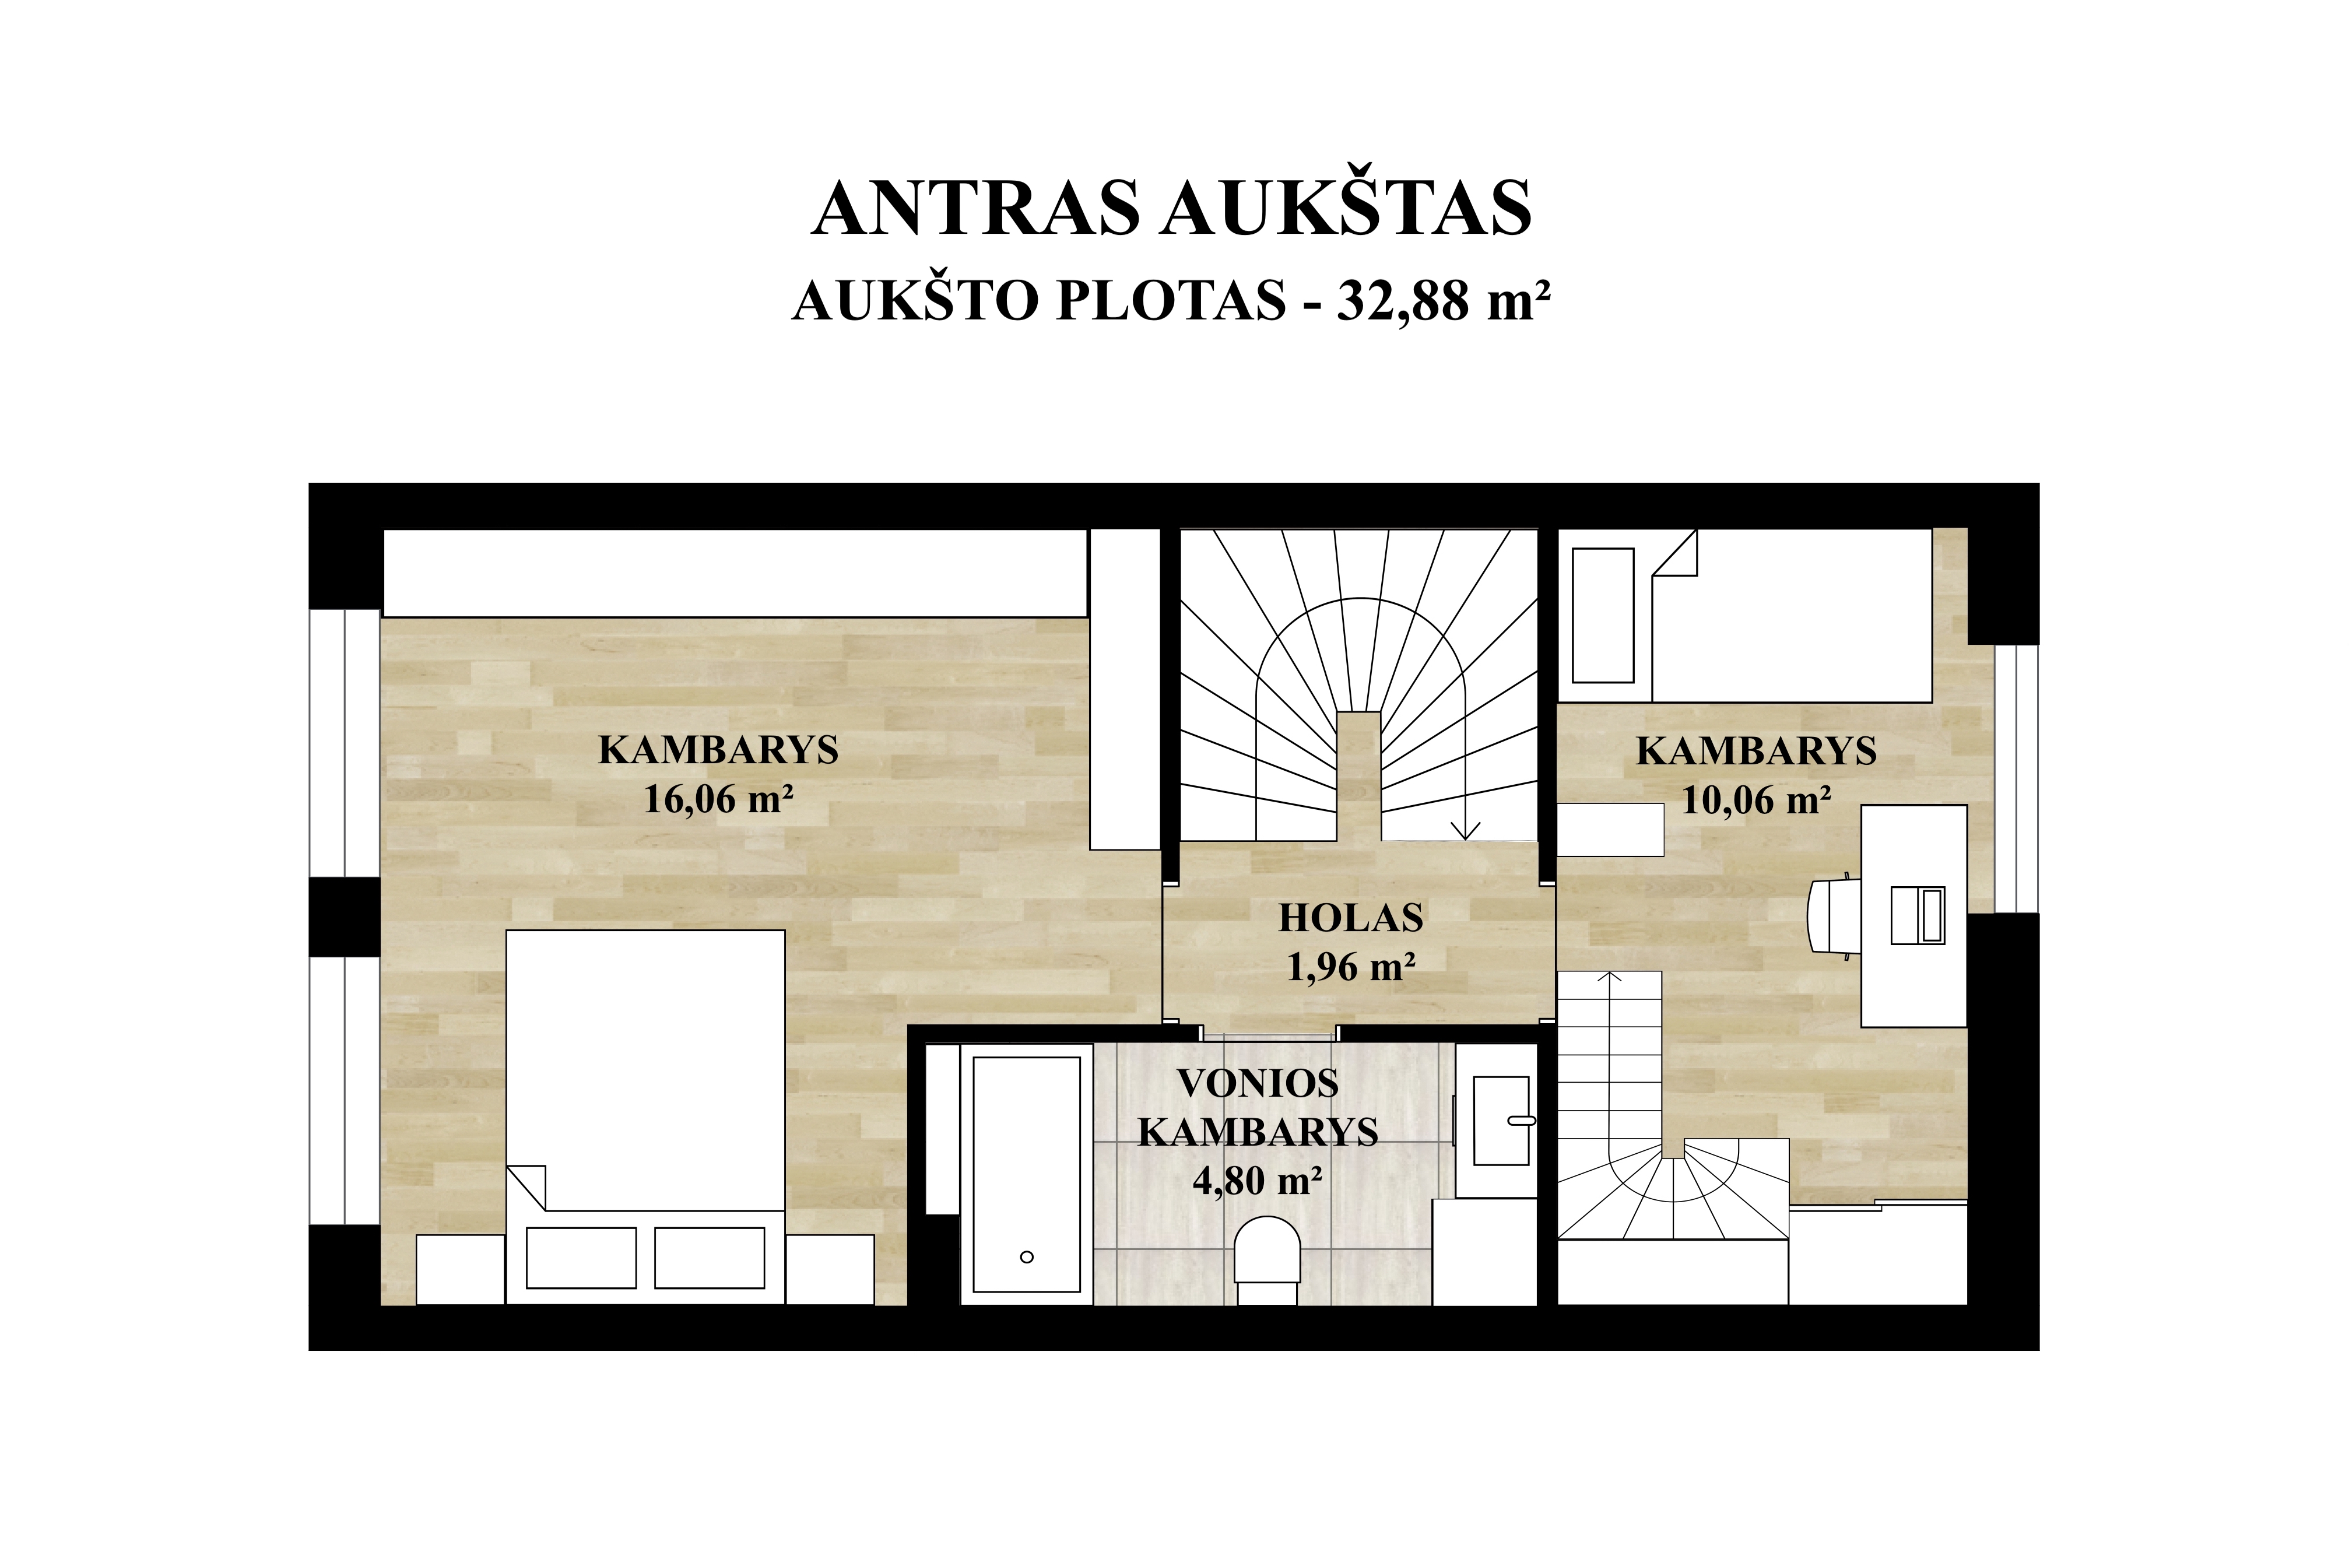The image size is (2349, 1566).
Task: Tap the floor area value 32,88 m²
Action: tap(1442, 301)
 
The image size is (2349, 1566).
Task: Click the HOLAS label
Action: tap(1350, 918)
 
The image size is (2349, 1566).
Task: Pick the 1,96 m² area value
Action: tap(1350, 967)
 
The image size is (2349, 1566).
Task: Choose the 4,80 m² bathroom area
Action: tap(1258, 1181)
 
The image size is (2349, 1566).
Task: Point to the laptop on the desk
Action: tap(1918, 915)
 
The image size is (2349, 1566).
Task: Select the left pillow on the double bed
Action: tap(581, 1258)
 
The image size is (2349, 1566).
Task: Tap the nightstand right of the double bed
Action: tap(830, 1269)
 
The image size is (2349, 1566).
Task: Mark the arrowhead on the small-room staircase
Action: tap(1609, 977)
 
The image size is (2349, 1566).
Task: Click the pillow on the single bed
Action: tap(1603, 615)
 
